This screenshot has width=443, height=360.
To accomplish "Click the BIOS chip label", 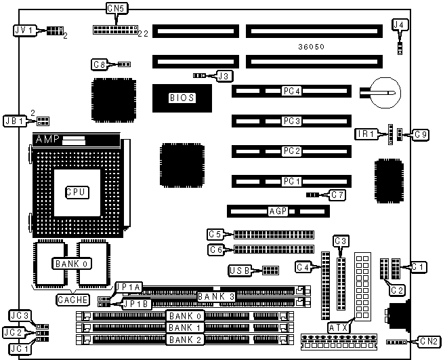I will coord(182,98).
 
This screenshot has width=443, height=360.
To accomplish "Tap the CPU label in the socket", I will coord(77,193).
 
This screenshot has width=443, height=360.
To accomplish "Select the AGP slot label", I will coord(276,211).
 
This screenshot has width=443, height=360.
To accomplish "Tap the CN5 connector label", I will coord(116,9).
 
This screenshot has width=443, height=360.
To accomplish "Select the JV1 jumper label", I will coord(24,31).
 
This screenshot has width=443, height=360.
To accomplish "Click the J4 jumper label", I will coord(400,24).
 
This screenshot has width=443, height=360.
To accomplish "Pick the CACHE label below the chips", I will coord(70,299).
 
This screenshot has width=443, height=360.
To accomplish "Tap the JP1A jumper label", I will coord(127,287).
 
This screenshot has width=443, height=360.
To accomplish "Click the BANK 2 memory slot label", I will coord(185,339).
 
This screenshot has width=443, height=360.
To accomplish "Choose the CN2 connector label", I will coord(428,341).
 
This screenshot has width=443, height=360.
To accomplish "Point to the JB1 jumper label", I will coord(15,121).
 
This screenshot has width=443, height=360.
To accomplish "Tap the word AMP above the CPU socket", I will coord(47,140).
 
